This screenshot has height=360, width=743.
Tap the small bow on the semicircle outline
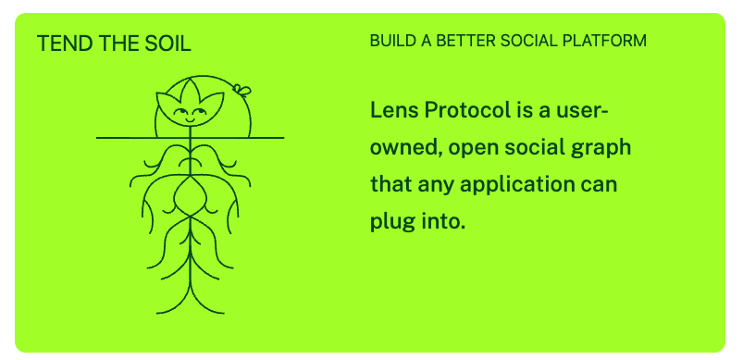242,91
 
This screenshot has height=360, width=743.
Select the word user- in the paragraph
579,111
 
